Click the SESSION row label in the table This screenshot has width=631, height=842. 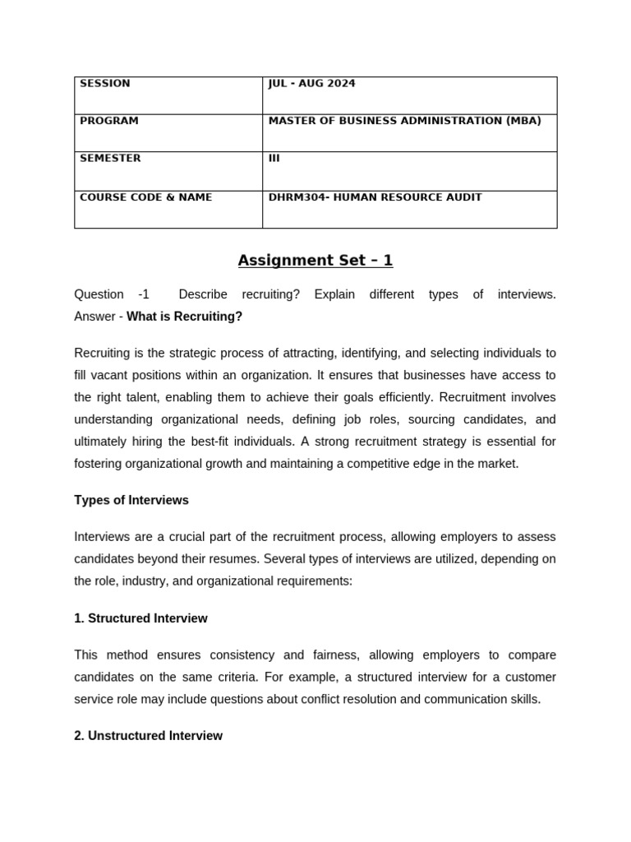105,84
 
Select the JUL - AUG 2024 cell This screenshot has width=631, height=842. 311,84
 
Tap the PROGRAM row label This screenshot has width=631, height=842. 109,121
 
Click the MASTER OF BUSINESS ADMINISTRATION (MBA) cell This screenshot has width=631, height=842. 404,121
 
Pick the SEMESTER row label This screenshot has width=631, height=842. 110,158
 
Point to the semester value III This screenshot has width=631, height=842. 274,158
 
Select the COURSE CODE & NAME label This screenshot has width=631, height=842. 145,197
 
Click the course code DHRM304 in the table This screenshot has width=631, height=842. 296,197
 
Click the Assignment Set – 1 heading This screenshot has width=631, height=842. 315,261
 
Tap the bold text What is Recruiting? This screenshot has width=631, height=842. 184,317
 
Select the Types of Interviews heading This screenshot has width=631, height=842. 131,500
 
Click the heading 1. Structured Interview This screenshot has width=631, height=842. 140,618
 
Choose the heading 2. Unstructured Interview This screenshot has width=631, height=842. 148,736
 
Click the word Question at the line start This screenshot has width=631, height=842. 99,294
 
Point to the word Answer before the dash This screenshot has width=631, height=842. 94,317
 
